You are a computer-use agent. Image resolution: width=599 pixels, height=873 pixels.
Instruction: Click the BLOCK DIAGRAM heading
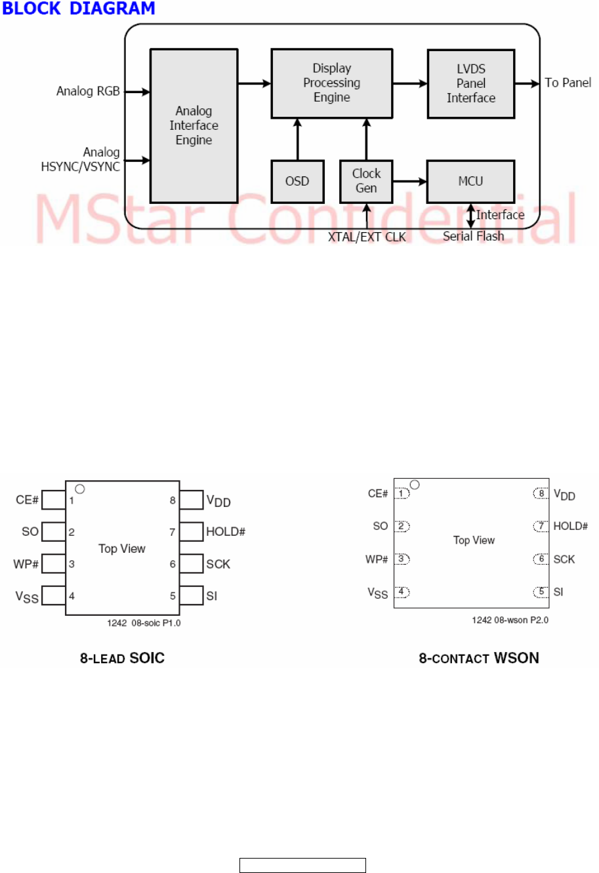click(x=79, y=9)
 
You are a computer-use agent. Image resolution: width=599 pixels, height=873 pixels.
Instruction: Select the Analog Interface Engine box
click(x=194, y=125)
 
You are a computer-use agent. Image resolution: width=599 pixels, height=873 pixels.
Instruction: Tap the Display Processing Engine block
click(x=331, y=83)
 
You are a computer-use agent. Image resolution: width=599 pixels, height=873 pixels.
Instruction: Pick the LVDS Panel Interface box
click(x=470, y=83)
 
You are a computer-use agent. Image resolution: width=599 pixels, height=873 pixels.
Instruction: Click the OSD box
click(x=297, y=181)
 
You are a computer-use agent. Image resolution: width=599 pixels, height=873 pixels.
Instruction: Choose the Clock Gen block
click(x=366, y=181)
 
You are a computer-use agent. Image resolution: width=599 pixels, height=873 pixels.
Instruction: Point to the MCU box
click(x=470, y=181)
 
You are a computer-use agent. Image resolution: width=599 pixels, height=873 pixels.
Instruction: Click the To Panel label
click(x=568, y=83)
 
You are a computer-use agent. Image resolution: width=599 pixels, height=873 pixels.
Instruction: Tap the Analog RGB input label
click(x=88, y=91)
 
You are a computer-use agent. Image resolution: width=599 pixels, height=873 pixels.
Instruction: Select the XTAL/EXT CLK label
click(x=367, y=237)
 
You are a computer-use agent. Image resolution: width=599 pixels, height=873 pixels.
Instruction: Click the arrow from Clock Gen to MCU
click(x=409, y=181)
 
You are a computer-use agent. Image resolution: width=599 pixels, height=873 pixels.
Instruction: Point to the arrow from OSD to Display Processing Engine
click(x=297, y=139)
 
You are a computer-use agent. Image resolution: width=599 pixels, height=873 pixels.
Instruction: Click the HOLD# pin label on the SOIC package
click(x=226, y=531)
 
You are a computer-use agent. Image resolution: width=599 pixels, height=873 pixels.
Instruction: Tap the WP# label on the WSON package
click(x=377, y=559)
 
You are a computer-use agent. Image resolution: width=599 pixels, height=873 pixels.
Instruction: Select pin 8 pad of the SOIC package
click(x=191, y=500)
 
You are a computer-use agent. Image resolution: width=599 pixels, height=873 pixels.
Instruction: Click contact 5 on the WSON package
click(x=541, y=592)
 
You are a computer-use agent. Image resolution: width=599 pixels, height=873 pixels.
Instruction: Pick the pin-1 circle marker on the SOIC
click(x=80, y=489)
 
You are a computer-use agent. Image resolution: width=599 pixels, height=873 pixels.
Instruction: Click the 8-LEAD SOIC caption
click(x=122, y=658)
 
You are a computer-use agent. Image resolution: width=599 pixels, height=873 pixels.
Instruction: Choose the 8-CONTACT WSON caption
click(x=479, y=658)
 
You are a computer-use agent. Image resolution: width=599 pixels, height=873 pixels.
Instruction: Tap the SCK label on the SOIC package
click(x=218, y=564)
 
